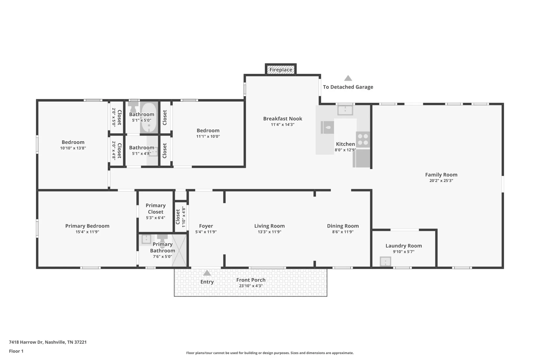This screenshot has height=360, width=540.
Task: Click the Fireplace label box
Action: click(281, 70)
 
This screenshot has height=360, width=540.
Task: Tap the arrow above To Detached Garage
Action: click(348, 78)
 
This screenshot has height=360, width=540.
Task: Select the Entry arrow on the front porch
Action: click(207, 273)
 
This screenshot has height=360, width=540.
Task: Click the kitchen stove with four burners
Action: click(363, 140)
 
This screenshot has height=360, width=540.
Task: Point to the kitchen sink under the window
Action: click(345, 111)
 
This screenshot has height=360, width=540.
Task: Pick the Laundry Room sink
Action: click(385, 262)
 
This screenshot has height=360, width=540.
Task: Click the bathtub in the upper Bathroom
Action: click(149, 118)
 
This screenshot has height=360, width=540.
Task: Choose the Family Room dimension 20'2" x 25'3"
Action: click(441, 181)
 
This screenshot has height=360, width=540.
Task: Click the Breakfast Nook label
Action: click(283, 119)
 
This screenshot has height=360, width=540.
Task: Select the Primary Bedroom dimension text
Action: click(87, 232)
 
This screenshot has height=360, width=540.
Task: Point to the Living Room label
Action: click(269, 226)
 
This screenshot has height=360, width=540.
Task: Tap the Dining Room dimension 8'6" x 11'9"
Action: click(343, 232)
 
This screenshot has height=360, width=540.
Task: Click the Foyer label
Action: click(206, 226)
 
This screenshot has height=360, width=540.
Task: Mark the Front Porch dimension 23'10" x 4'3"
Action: click(251, 286)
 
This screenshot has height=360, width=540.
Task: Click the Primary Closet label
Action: click(156, 209)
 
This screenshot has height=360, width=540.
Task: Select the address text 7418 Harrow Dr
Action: click(26, 342)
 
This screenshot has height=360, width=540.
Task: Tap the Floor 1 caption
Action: click(16, 351)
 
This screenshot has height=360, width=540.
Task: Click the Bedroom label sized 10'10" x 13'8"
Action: click(73, 142)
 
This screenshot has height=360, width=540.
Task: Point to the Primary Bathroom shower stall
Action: click(179, 250)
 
